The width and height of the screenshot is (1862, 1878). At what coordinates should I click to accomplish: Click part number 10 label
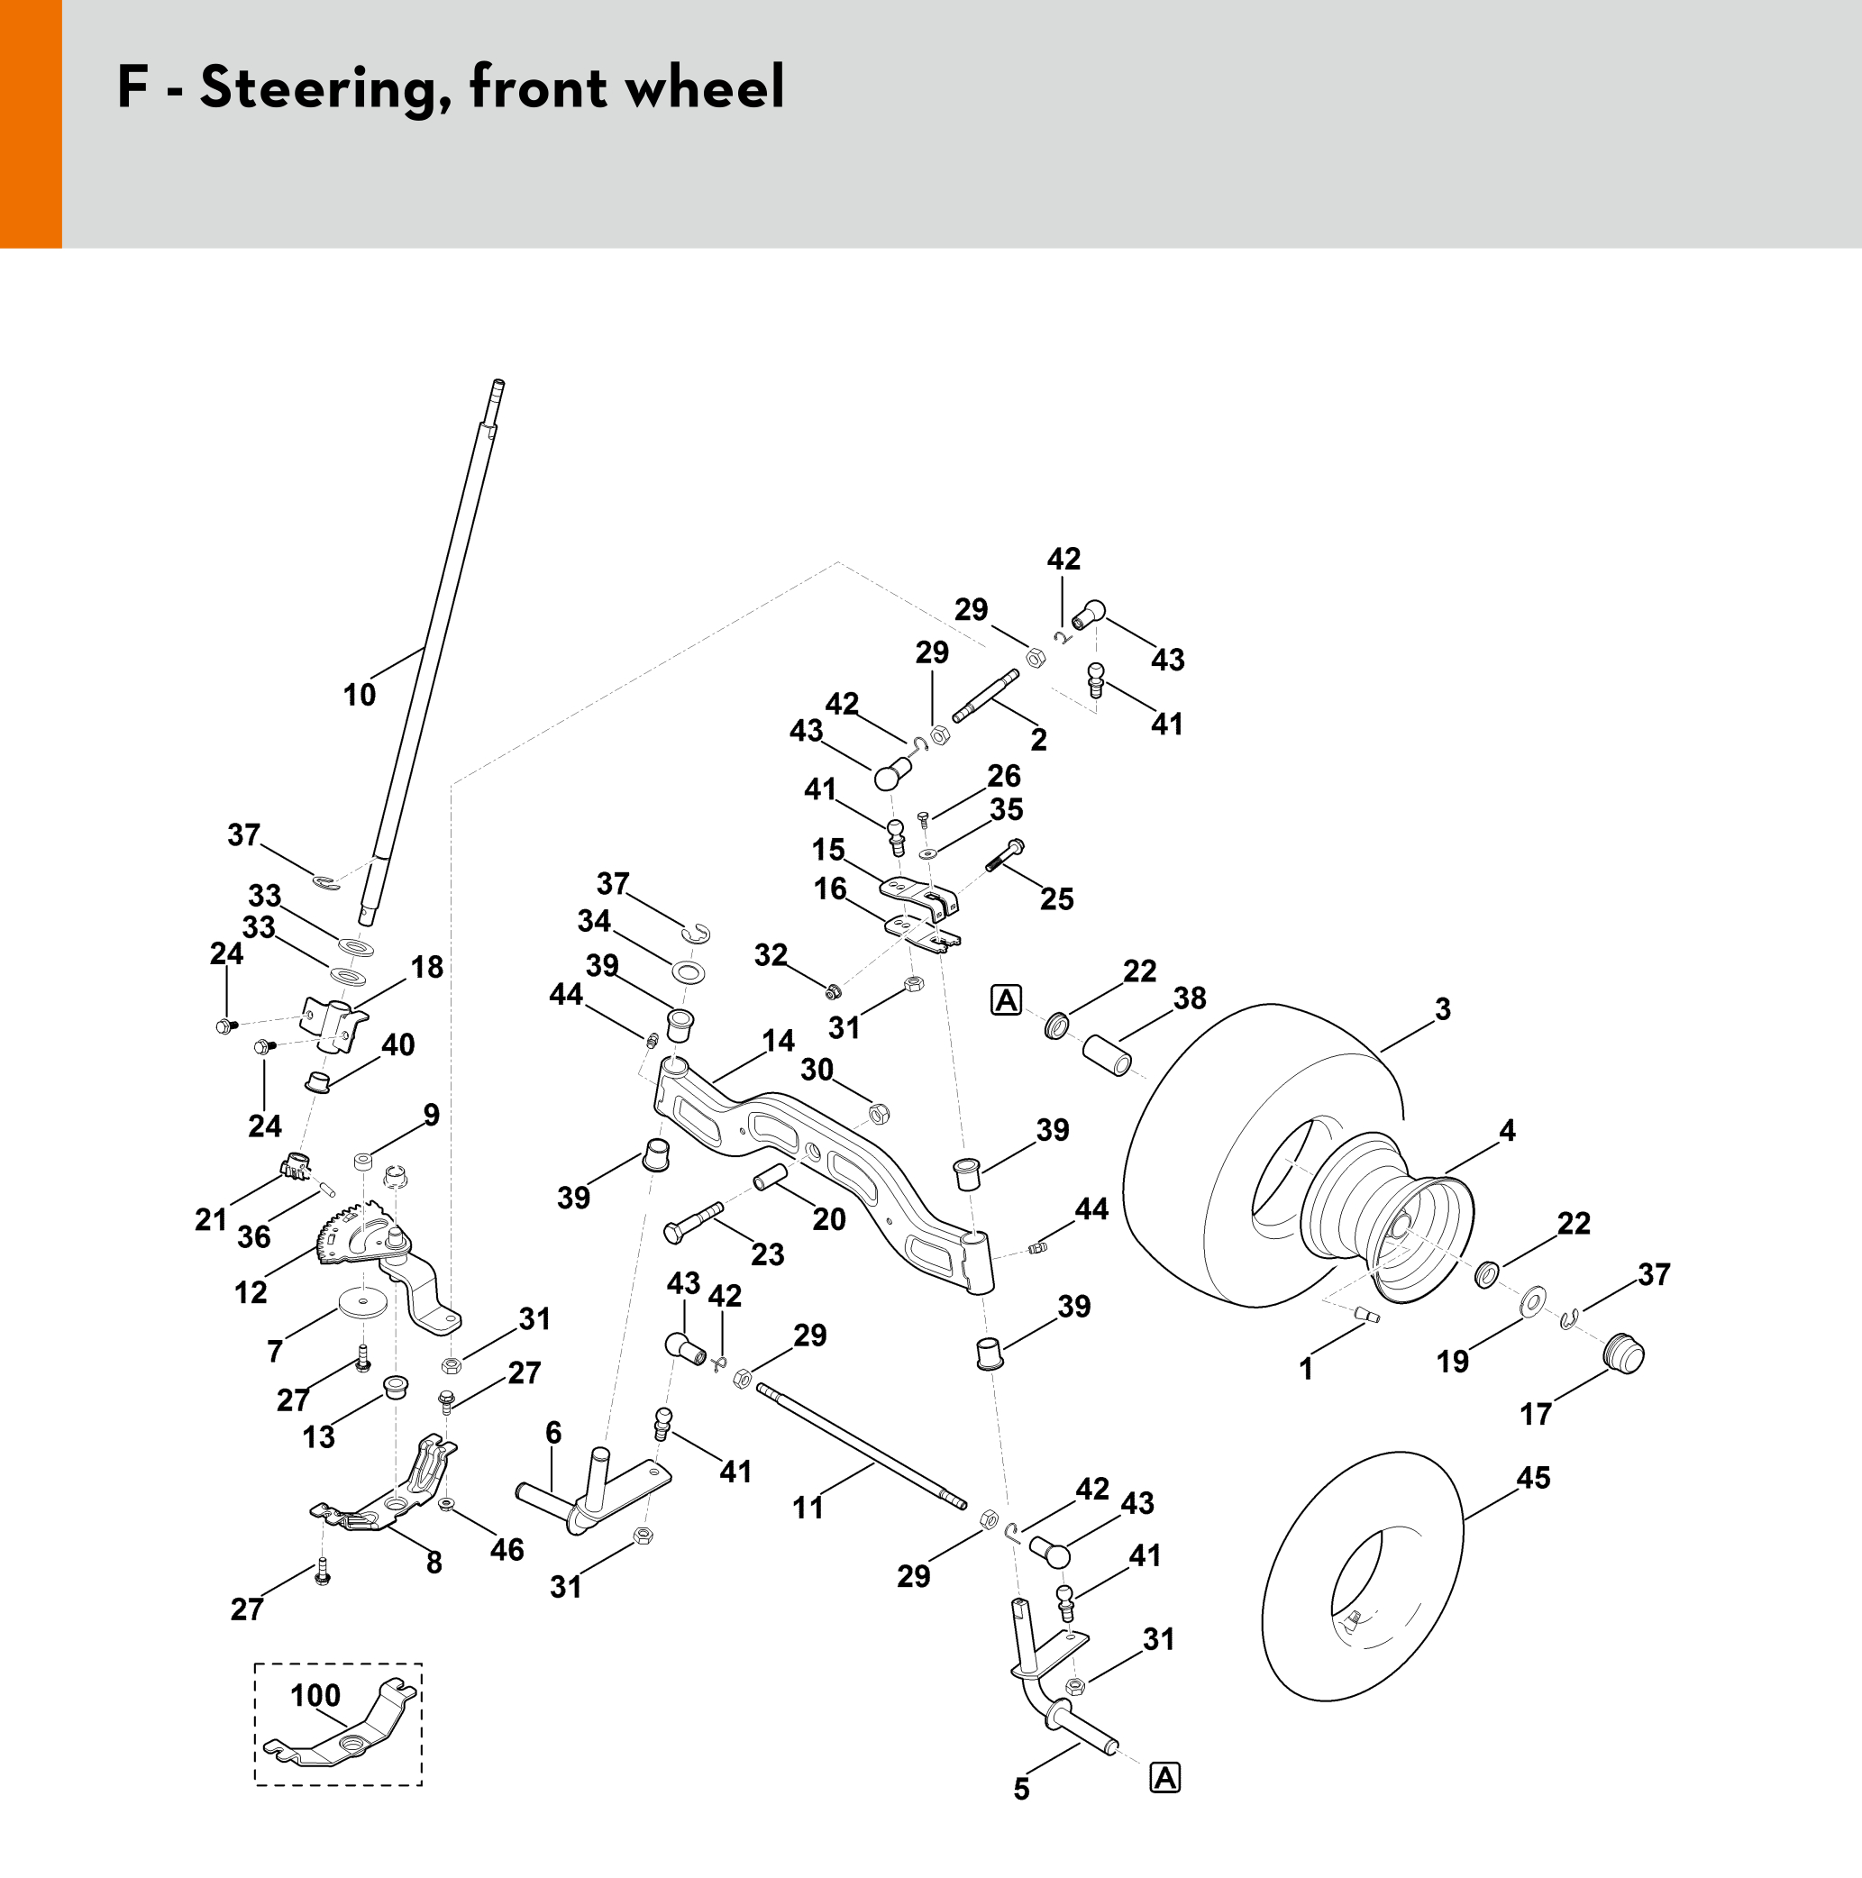359,695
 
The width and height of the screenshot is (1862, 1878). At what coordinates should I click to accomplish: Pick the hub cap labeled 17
1623,1354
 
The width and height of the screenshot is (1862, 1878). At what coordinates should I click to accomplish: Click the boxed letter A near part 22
1007,999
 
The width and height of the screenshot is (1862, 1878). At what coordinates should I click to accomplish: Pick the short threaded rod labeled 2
986,696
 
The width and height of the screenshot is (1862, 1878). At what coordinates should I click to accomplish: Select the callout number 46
507,1549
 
